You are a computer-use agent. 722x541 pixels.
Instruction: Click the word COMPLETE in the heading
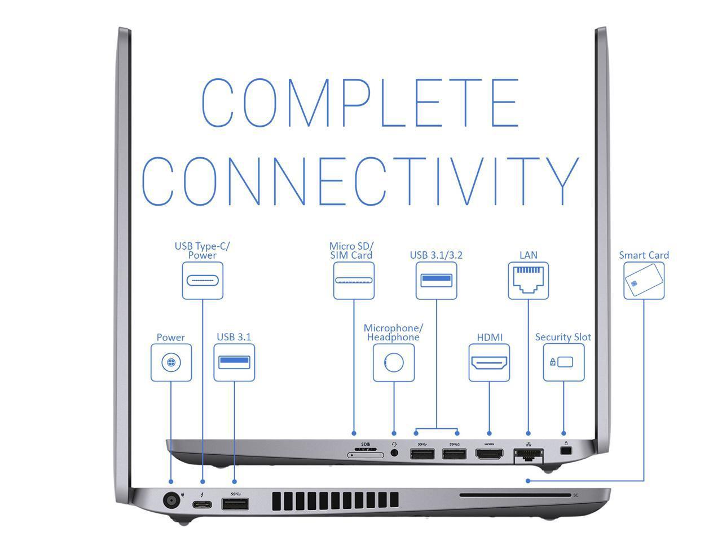click(x=360, y=103)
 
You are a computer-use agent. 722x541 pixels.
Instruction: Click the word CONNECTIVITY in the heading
click(x=360, y=180)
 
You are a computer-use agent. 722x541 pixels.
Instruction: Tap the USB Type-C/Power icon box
click(x=202, y=280)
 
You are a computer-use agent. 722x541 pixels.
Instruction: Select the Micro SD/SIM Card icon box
click(x=354, y=280)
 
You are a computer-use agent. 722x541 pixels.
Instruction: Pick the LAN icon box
click(x=528, y=280)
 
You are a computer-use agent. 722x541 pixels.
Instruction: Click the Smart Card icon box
click(x=644, y=280)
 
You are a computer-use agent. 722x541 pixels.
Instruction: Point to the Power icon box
click(x=171, y=362)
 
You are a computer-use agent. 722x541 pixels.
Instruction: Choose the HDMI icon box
click(x=489, y=362)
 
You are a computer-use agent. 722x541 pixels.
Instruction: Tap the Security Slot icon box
click(x=563, y=362)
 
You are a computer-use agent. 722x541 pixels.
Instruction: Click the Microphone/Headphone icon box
click(x=394, y=362)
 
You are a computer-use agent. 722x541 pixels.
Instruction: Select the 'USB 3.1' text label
click(x=234, y=337)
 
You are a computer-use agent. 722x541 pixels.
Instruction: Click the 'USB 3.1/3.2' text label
click(x=436, y=255)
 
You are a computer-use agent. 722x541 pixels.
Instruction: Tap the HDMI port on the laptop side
click(x=489, y=453)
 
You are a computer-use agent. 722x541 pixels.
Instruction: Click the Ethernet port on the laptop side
click(x=529, y=454)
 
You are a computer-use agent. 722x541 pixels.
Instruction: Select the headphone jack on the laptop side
click(x=394, y=452)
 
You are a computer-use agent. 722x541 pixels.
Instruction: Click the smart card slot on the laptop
click(x=514, y=495)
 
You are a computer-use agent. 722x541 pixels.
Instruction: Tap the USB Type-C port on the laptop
click(x=203, y=503)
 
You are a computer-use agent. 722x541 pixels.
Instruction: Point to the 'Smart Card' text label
click(x=644, y=255)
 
